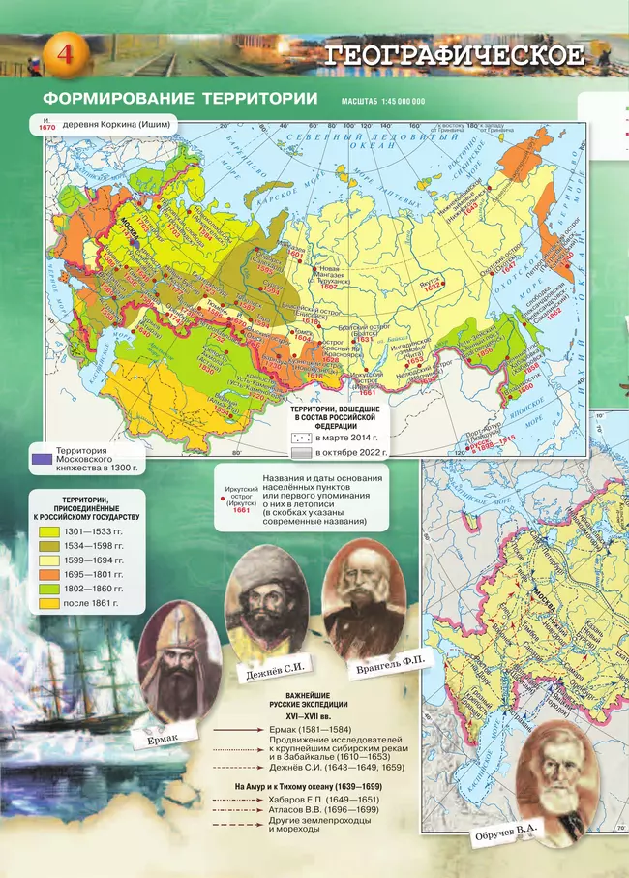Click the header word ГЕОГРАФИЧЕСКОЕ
click(x=455, y=55)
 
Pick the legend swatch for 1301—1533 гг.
click(x=48, y=531)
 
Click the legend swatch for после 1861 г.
click(x=48, y=603)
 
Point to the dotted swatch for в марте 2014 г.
click(x=301, y=438)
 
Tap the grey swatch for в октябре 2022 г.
click(x=301, y=452)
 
